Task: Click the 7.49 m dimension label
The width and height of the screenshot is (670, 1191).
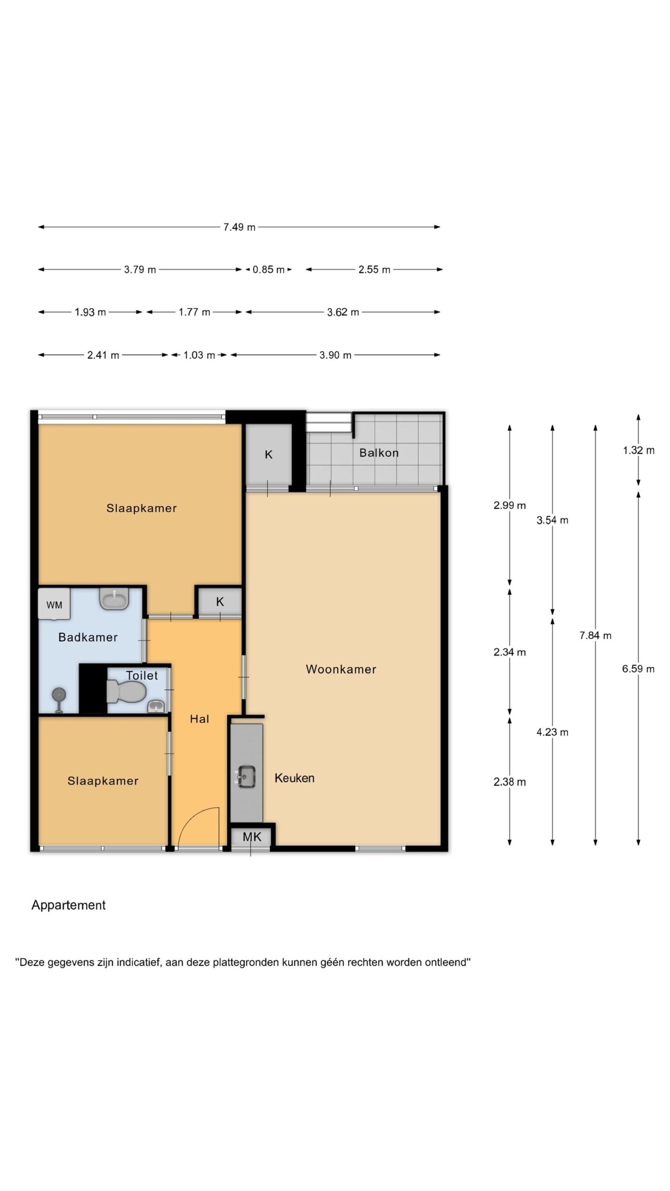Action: click(x=239, y=227)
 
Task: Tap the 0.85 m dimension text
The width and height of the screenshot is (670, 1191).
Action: click(x=268, y=269)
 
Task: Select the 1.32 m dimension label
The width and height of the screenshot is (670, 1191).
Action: click(x=638, y=450)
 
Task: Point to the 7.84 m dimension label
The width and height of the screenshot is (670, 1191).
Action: click(x=595, y=635)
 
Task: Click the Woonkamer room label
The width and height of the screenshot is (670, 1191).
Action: click(x=341, y=669)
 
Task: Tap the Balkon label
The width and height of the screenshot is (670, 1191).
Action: click(x=379, y=453)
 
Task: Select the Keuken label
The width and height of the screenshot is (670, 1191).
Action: click(x=295, y=778)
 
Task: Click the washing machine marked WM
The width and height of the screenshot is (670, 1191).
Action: click(x=54, y=604)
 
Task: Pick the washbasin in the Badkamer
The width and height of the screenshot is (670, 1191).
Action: click(x=114, y=599)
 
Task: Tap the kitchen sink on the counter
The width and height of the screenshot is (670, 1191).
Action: click(x=246, y=776)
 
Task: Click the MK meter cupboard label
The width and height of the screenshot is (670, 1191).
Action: click(x=252, y=837)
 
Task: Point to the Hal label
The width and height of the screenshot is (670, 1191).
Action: click(x=199, y=719)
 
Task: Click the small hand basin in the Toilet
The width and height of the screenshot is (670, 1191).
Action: click(x=156, y=706)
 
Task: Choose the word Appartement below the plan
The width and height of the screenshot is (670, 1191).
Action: click(x=68, y=905)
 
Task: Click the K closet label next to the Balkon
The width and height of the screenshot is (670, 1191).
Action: click(x=268, y=455)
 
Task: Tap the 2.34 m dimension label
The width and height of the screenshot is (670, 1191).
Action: click(x=509, y=652)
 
